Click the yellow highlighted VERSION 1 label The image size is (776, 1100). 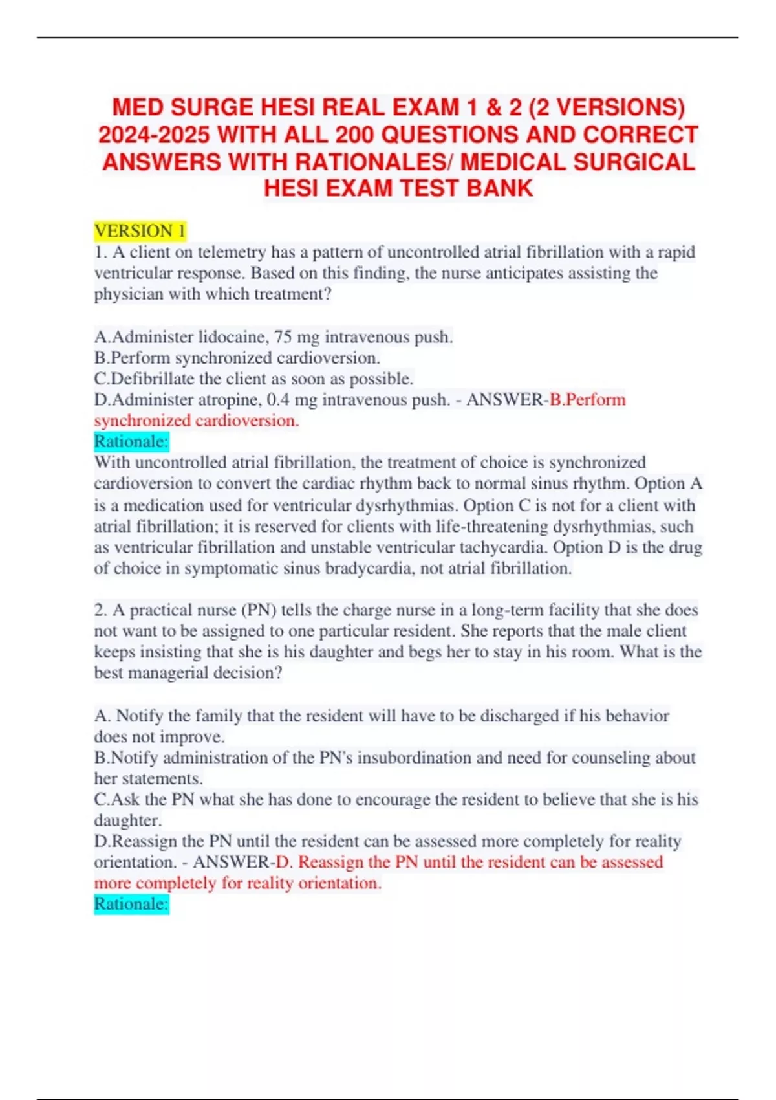click(x=140, y=231)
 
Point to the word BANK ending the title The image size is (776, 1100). click(x=501, y=188)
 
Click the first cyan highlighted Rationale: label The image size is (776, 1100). click(x=131, y=441)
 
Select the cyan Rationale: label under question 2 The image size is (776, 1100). click(x=131, y=904)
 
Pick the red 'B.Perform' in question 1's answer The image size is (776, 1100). click(x=587, y=400)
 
